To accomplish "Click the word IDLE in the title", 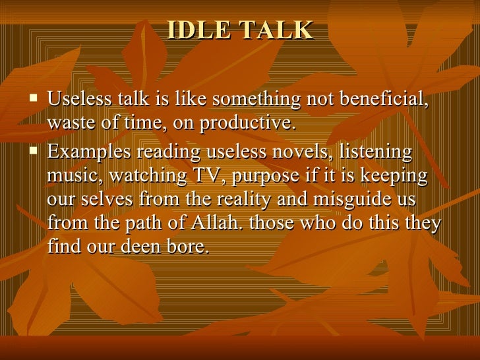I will (197, 30).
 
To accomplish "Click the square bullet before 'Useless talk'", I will (35, 101).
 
